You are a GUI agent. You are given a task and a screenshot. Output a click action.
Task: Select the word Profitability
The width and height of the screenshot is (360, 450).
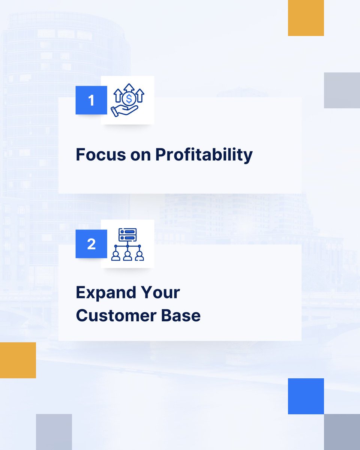click(204, 155)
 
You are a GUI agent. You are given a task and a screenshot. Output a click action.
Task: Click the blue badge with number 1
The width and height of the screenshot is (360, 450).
click(91, 100)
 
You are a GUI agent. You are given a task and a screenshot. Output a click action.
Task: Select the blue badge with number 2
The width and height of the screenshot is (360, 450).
click(91, 244)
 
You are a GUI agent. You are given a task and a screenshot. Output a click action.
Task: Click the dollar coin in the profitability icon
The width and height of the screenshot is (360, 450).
click(129, 99)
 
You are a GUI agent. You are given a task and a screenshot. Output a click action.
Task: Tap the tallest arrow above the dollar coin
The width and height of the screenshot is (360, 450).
click(129, 88)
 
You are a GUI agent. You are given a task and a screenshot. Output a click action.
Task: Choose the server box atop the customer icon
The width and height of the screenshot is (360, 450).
click(127, 235)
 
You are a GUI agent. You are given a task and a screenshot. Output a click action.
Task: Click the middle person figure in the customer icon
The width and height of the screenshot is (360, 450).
click(127, 256)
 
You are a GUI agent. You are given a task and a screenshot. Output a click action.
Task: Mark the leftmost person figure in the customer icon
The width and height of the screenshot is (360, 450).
click(116, 256)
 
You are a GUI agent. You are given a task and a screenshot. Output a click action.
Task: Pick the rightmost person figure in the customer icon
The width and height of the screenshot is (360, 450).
click(139, 256)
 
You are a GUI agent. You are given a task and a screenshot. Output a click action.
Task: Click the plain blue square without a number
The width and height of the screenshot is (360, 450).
click(306, 396)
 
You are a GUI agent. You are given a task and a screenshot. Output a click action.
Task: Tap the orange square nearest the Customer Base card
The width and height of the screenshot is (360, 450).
click(18, 360)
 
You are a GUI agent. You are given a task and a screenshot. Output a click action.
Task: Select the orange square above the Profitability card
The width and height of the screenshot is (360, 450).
click(306, 18)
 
